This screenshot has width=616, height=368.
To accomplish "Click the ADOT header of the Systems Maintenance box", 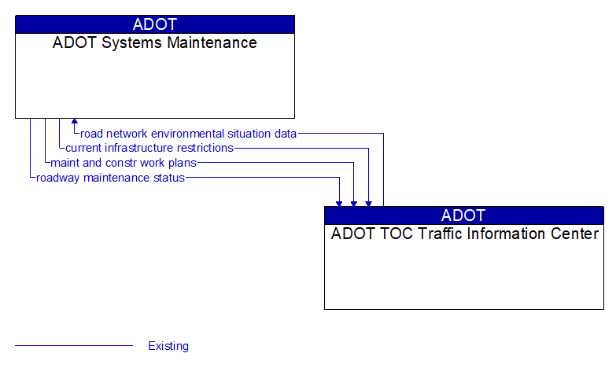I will (155, 24).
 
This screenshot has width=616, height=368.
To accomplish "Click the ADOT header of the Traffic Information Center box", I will (463, 215).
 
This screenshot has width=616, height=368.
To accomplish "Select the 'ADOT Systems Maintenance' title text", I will (155, 43).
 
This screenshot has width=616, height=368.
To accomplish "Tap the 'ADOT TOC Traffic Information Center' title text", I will (464, 234).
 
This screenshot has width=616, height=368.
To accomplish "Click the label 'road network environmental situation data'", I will (189, 134).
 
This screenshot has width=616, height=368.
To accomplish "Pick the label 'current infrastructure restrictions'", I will (149, 148).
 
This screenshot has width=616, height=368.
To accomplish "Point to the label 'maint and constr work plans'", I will (124, 163).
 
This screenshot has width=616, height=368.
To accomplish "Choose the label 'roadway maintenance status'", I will (110, 178).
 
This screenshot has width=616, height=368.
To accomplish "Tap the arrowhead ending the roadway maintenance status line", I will (339, 203).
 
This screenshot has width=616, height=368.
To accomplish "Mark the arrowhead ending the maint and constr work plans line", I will (354, 203).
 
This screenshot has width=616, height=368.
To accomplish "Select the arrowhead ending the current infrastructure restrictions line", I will (368, 203).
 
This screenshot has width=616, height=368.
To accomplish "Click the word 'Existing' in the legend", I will (168, 346).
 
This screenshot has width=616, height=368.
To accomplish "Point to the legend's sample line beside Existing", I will (74, 346).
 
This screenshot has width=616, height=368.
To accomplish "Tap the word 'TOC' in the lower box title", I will (393, 234).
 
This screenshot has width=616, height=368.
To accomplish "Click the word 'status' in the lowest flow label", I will (168, 178).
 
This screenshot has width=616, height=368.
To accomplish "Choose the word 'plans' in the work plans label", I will (182, 163).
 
